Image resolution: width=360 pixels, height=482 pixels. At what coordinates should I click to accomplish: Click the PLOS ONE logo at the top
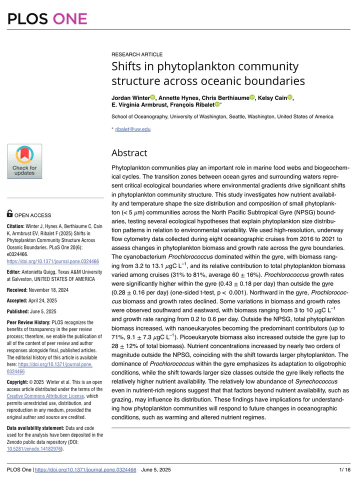[x=47, y=18]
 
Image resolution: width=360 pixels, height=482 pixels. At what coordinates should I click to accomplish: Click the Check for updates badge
[x=24, y=161]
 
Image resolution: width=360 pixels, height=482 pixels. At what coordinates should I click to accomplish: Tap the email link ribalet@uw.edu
[x=132, y=129]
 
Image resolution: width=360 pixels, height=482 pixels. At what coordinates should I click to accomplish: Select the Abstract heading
[x=129, y=152]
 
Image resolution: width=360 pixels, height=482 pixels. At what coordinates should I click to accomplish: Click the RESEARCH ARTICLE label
[x=136, y=54]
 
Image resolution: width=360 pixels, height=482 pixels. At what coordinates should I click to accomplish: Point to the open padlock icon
[x=9, y=213]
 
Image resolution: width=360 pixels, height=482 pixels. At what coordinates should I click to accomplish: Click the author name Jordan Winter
[x=130, y=97]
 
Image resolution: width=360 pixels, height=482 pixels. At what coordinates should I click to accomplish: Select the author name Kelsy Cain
[x=273, y=97]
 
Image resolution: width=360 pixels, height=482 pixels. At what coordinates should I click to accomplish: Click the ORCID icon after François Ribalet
[x=217, y=104]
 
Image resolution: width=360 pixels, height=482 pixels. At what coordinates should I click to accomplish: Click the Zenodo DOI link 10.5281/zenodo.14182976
[x=34, y=449]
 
